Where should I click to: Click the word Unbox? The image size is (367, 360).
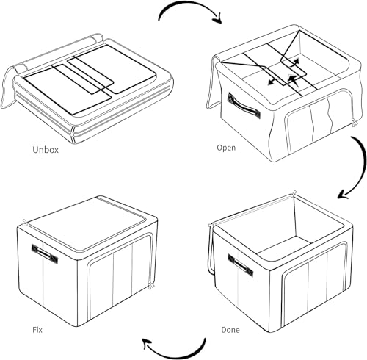coord(46,150)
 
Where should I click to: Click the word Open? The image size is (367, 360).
coord(226,148)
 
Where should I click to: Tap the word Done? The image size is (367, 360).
coord(230,330)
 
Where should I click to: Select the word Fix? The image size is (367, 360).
coord(37,330)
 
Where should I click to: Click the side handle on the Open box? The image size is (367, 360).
coord(244,106)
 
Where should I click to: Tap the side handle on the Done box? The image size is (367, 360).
coord(241,265)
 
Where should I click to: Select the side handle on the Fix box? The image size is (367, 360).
coord(45,254)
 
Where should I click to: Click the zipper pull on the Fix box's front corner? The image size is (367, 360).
coord(151,285)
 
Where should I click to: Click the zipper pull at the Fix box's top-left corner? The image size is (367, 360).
coord(25,223)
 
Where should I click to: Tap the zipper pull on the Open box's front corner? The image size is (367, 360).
coord(355,124)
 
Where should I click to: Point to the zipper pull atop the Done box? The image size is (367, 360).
coord(294,192)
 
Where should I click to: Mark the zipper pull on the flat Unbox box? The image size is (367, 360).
coord(72,136)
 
